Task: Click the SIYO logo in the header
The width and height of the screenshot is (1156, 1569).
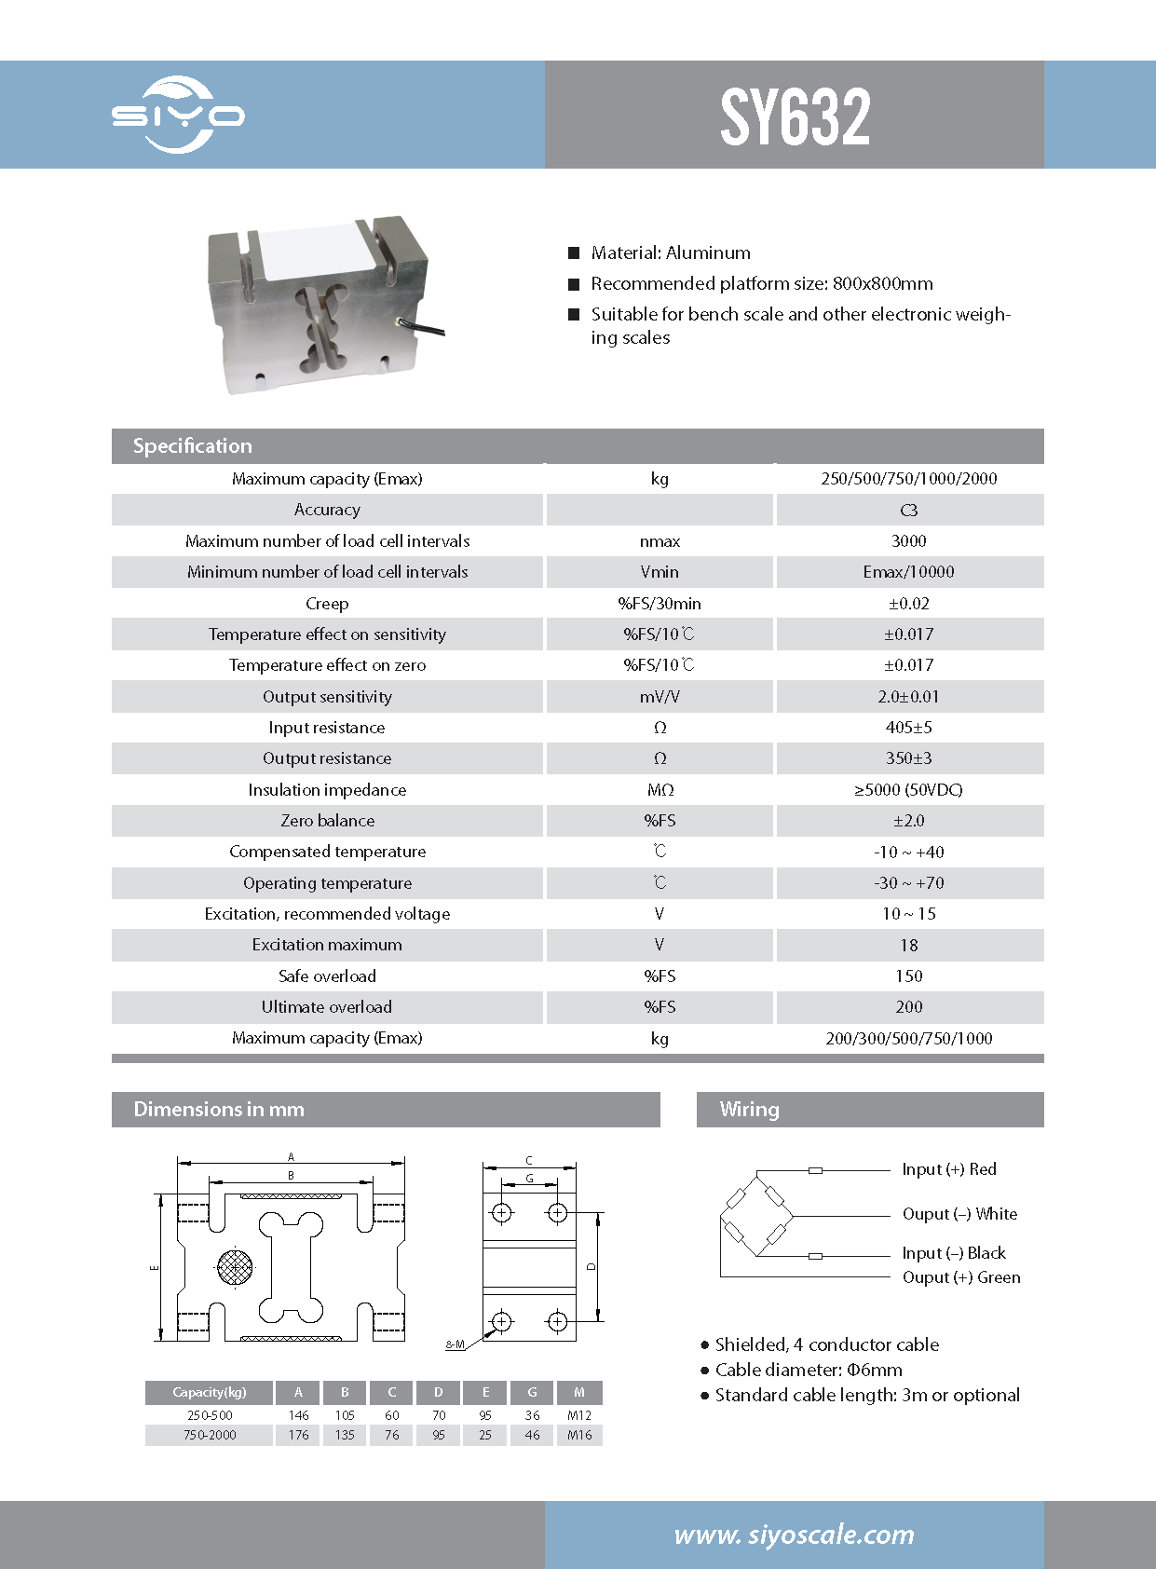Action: pos(178,115)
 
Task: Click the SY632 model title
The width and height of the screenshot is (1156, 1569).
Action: pos(795,116)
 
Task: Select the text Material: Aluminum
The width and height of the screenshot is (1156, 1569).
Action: pos(670,252)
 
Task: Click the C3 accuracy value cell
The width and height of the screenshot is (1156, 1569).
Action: pos(908,511)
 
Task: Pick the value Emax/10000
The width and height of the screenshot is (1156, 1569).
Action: pos(908,572)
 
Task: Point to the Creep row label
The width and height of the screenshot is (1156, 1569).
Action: pos(327,604)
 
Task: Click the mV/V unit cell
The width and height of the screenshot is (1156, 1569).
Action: pos(660,697)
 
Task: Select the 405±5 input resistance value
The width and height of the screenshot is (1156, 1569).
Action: pos(908,728)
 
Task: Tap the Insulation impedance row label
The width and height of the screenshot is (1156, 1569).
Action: pos(327,790)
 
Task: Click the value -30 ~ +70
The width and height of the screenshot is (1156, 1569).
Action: pos(908,883)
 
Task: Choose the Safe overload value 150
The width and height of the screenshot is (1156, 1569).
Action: pos(908,976)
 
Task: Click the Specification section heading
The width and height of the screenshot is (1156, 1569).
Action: pos(193,446)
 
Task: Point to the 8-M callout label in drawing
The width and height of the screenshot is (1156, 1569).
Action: pos(455,1344)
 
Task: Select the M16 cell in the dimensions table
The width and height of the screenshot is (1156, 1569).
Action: pos(579,1435)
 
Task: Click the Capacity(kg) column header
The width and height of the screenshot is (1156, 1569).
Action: pos(210,1393)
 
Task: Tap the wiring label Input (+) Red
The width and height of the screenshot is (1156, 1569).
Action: pos(948,1169)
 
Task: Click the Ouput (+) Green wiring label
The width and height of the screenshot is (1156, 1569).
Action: pos(960,1277)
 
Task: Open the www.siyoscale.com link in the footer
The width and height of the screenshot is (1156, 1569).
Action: pos(794,1535)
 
